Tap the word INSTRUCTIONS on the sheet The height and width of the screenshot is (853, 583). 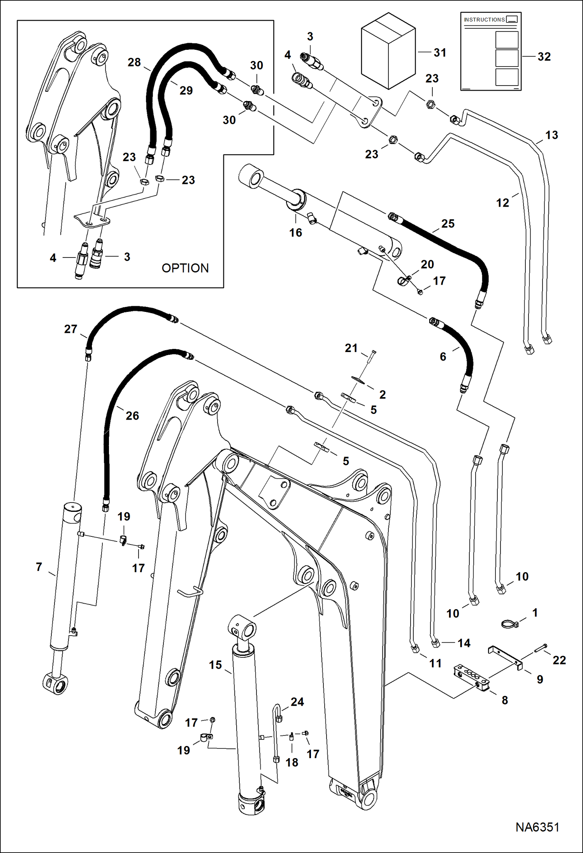tap(484, 20)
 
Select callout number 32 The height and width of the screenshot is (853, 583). tap(544, 57)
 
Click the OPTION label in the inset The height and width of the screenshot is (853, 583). tap(185, 268)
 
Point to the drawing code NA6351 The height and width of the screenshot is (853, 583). tap(537, 827)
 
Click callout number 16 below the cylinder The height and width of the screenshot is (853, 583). tap(295, 233)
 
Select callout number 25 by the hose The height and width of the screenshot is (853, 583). tap(448, 224)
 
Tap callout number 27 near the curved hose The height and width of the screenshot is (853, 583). tap(70, 329)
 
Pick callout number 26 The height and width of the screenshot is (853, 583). tap(132, 415)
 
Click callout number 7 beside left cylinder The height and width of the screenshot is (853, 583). tap(39, 567)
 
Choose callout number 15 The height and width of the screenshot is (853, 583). tap(215, 665)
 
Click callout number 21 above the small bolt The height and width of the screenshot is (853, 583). tap(351, 348)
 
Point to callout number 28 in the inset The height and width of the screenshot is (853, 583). tap(134, 62)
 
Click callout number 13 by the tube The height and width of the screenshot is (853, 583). tap(551, 135)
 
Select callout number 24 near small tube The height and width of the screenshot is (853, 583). tap(297, 702)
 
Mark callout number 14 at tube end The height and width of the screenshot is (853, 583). tap(464, 643)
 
